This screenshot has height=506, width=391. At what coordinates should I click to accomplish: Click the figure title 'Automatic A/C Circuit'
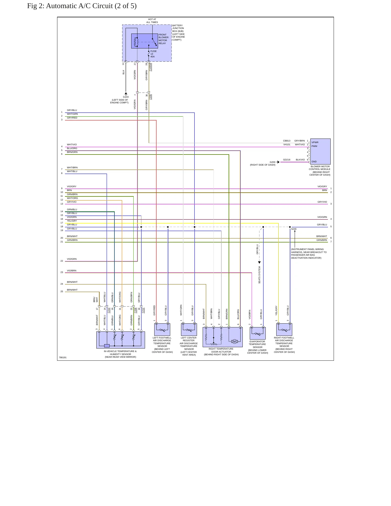(x=79, y=6)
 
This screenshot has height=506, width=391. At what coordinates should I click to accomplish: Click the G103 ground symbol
(x=126, y=94)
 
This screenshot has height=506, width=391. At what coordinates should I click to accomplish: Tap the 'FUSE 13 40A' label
(x=153, y=54)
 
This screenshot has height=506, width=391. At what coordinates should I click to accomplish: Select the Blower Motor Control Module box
(x=320, y=152)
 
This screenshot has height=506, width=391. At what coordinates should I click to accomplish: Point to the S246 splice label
(x=294, y=229)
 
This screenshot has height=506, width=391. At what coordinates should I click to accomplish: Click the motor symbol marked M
(x=235, y=341)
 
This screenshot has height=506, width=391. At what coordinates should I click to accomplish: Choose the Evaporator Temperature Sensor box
(x=258, y=333)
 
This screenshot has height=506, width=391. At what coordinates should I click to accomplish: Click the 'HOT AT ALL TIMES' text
(x=152, y=21)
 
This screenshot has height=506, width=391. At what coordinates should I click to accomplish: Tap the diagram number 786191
(x=63, y=357)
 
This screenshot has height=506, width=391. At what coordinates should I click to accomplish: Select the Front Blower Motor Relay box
(x=144, y=41)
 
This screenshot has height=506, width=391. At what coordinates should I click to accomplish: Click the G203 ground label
(x=272, y=162)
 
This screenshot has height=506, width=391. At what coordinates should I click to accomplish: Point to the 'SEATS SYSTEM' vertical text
(x=259, y=275)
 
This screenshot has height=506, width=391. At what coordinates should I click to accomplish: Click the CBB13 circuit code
(x=287, y=141)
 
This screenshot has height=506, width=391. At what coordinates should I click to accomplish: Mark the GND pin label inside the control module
(x=314, y=162)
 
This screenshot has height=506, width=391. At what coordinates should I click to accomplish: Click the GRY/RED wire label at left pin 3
(x=72, y=118)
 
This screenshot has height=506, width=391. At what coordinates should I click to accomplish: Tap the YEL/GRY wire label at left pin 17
(x=72, y=221)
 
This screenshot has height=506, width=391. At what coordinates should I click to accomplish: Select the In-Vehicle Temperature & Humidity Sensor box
(x=121, y=340)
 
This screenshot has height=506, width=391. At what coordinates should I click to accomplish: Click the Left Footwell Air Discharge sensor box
(x=162, y=330)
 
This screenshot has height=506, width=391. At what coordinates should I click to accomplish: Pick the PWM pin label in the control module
(x=314, y=146)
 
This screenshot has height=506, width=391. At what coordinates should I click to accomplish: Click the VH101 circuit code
(x=287, y=144)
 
